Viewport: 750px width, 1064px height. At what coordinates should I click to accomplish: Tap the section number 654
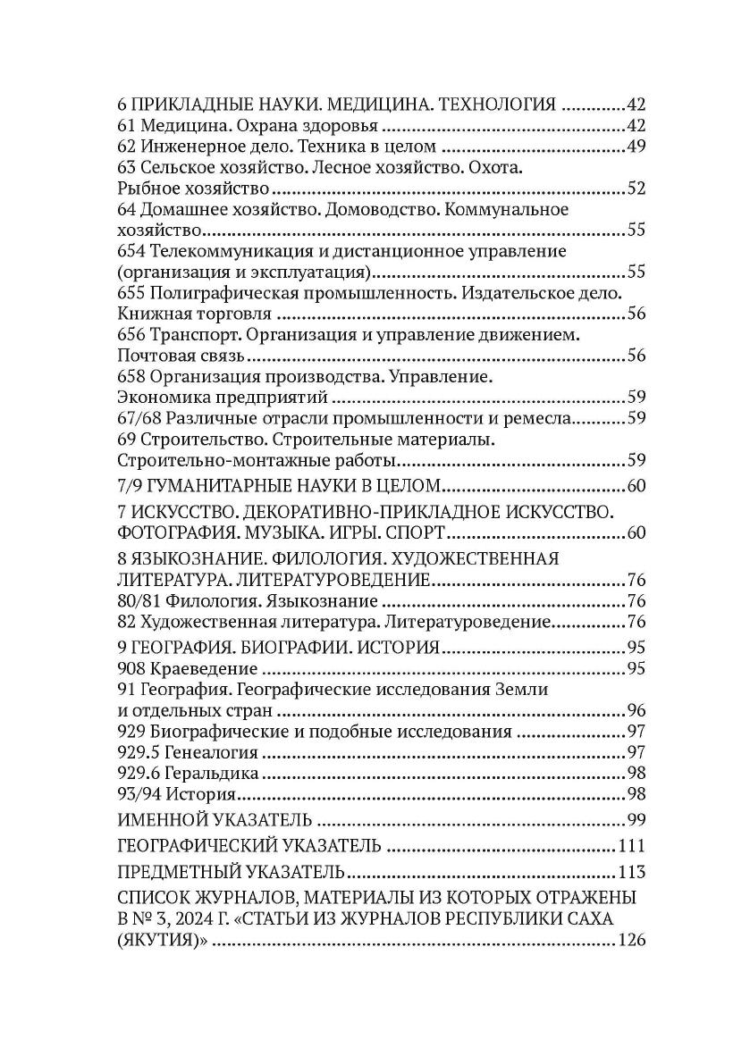click(131, 250)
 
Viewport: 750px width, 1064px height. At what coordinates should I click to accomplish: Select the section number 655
click(131, 292)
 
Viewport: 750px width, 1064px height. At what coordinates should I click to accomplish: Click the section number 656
click(131, 334)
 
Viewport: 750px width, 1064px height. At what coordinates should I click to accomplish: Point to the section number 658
click(131, 376)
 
